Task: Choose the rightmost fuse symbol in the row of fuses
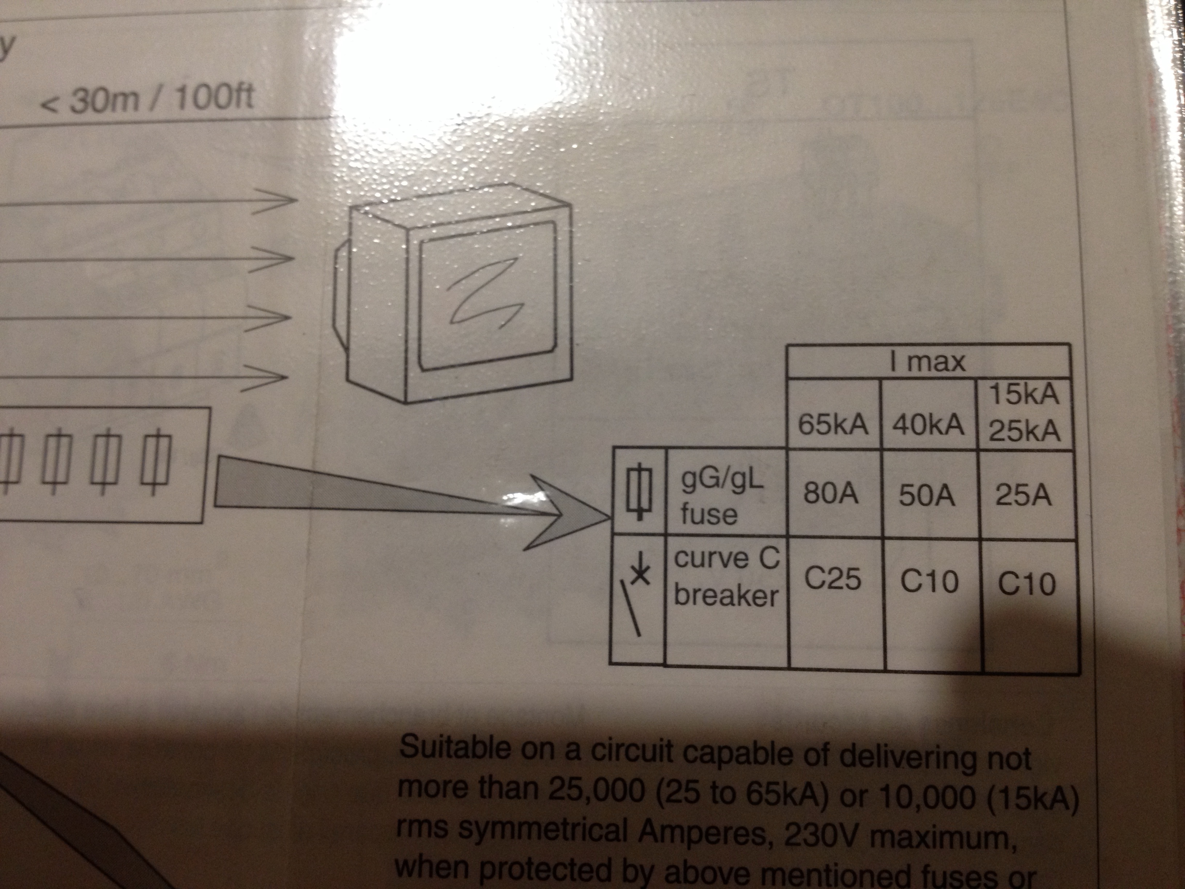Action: (x=155, y=461)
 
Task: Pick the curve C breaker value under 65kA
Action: (x=832, y=578)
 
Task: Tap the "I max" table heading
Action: (x=928, y=362)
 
